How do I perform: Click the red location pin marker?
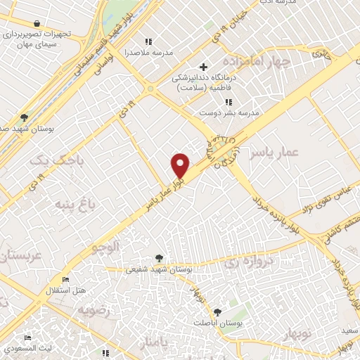(181, 165)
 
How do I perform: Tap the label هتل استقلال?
(70, 290)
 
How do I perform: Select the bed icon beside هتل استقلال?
(66, 280)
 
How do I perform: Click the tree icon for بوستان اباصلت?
(217, 312)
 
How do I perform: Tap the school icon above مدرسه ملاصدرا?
(147, 41)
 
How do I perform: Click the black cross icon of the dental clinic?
(204, 67)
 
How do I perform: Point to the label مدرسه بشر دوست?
(229, 112)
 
